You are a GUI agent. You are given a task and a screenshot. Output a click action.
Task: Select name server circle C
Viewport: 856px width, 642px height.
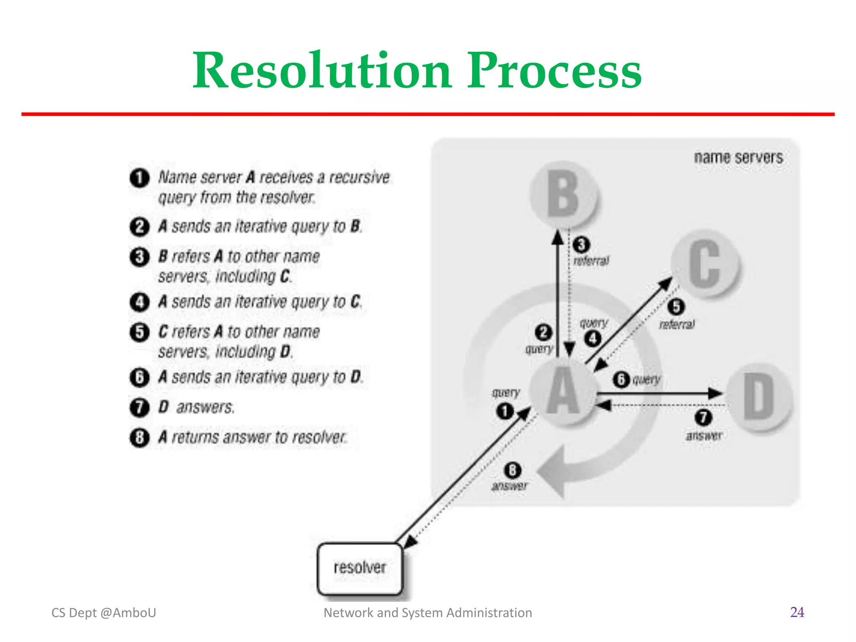pos(705,263)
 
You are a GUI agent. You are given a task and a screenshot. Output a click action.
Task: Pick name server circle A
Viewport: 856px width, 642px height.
pos(563,391)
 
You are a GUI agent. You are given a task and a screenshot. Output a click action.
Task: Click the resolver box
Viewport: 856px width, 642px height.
pos(359,568)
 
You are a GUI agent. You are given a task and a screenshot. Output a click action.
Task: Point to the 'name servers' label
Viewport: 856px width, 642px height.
pos(738,158)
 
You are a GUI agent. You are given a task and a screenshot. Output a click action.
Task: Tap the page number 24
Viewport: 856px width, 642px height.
pos(797,612)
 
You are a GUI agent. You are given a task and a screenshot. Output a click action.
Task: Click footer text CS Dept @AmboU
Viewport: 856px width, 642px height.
pos(104,613)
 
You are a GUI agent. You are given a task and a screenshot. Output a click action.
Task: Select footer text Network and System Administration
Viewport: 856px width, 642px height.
pos(428,613)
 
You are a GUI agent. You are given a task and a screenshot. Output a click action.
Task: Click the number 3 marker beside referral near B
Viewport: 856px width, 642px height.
pos(581,245)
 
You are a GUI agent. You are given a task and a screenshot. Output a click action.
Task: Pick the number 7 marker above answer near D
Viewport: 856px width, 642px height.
pos(703,417)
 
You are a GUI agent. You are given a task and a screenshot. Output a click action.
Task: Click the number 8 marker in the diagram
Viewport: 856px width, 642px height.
pos(512,470)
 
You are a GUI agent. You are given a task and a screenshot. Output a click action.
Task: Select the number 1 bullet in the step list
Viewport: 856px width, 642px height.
pos(139,178)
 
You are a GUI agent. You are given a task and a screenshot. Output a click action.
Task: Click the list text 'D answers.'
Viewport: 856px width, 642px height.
pos(196,407)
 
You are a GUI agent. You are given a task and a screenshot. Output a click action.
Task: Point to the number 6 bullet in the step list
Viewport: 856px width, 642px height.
pos(139,377)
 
